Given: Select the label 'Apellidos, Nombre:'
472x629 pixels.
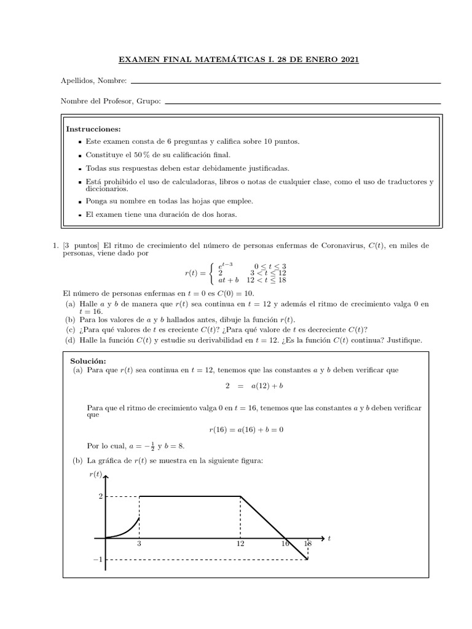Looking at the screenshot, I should click(93, 80).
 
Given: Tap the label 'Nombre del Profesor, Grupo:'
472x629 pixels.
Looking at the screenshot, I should click(111, 101).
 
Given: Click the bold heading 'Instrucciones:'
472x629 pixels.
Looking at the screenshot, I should click(93, 129).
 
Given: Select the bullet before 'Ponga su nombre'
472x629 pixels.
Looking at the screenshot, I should click(81, 201).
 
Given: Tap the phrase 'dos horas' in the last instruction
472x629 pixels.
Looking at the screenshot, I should click(221, 214).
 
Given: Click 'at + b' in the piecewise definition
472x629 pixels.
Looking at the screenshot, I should click(229, 280).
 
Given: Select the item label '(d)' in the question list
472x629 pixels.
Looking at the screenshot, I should click(71, 340).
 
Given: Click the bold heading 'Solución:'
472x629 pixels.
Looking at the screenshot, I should click(88, 361).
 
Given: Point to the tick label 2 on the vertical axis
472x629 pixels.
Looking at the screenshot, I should click(100, 496).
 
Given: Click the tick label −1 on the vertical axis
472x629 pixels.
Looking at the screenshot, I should click(98, 560).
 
